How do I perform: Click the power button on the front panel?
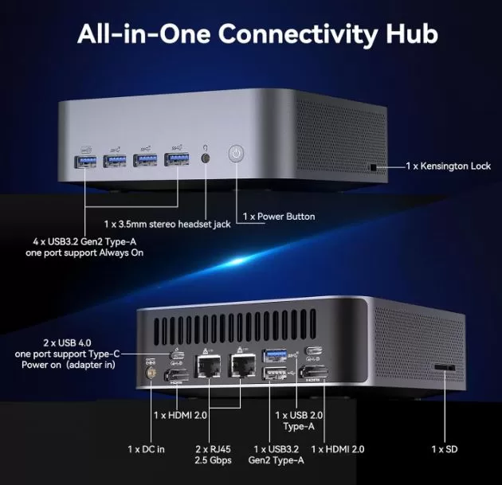tap(237, 154)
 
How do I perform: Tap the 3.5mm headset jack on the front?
tap(206, 158)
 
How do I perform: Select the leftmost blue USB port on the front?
tap(85, 161)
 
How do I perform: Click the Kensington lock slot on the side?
tap(373, 167)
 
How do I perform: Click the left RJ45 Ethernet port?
tap(208, 366)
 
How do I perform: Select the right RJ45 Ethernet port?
tap(242, 365)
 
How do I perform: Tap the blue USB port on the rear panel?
tap(275, 356)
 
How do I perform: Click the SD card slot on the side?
tap(445, 367)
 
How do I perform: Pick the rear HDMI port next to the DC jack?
tap(176, 375)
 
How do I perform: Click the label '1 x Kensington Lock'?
tap(448, 166)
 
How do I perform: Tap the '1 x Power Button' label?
tap(279, 217)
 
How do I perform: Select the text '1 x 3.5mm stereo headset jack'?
tap(167, 225)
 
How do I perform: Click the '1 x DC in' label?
tap(146, 449)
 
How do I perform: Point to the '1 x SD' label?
tap(445, 449)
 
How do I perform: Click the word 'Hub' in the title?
tap(412, 33)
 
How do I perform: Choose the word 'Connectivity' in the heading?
tap(298, 34)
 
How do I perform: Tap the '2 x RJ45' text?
tap(213, 449)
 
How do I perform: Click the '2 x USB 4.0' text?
tap(67, 343)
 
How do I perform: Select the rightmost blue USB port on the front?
tap(176, 159)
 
